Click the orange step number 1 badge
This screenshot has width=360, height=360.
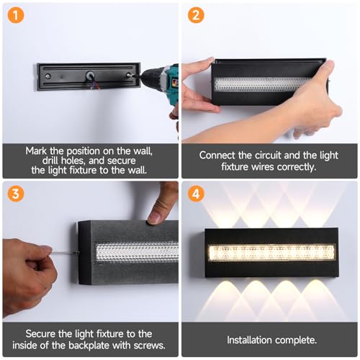click(16, 15)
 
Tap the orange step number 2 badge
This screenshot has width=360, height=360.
click(196, 15)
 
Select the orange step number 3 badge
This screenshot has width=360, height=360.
click(16, 194)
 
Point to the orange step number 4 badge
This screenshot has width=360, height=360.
click(196, 194)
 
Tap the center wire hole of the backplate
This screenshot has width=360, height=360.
click(91, 76)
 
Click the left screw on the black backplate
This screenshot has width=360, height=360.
click(48, 76)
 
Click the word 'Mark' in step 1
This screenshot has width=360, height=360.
click(36, 151)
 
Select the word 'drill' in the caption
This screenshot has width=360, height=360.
click(50, 161)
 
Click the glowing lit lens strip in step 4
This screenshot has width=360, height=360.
click(271, 252)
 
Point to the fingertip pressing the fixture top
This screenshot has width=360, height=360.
click(154, 218)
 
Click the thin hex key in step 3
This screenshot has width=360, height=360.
click(66, 253)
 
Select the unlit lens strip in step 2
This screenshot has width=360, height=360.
click(263, 84)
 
